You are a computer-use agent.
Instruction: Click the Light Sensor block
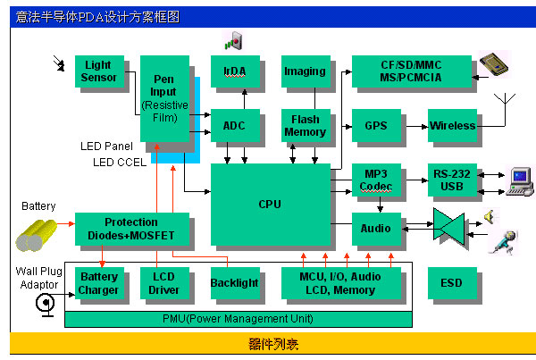tap(99, 71)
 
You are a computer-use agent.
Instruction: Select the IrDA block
tap(235, 71)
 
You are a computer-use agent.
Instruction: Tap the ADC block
tap(235, 125)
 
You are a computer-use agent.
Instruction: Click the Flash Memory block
tap(306, 125)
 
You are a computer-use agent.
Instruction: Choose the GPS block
tap(376, 125)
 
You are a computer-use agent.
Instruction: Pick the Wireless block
tap(452, 125)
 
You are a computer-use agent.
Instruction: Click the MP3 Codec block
tap(376, 180)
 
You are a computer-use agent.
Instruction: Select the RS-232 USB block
tap(452, 180)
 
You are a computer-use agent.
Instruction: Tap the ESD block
tap(452, 283)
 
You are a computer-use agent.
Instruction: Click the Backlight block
tap(235, 283)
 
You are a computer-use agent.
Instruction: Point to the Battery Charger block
tap(99, 283)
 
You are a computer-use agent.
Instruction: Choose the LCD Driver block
tap(164, 283)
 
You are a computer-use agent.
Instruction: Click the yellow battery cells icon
tap(37, 236)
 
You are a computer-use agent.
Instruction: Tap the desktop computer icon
tap(520, 182)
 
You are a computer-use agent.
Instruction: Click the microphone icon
tap(504, 243)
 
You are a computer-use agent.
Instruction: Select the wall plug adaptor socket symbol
tap(46, 305)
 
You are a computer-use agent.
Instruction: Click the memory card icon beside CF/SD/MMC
tap(494, 64)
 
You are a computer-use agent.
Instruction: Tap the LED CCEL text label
tap(120, 162)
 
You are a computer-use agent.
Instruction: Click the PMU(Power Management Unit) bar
tap(239, 319)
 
